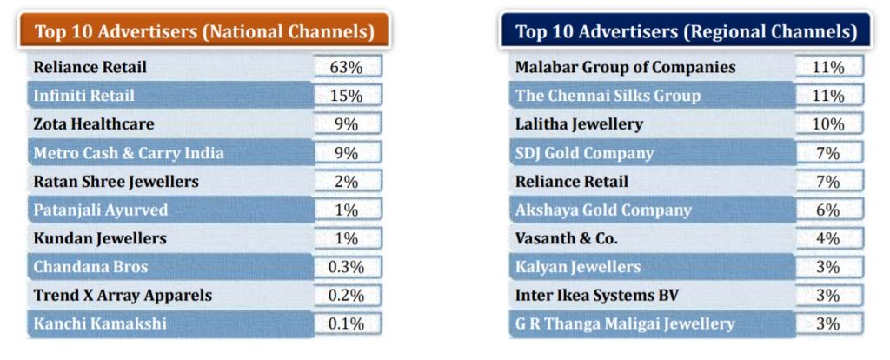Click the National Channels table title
pyautogui.click(x=204, y=32)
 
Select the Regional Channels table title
pyautogui.click(x=686, y=32)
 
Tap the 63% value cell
pyautogui.click(x=347, y=67)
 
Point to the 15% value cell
pyautogui.click(x=347, y=96)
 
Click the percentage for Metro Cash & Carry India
pyautogui.click(x=347, y=153)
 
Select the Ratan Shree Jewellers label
pyautogui.click(x=116, y=182)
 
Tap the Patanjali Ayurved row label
pyautogui.click(x=101, y=210)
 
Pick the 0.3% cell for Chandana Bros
pyautogui.click(x=347, y=267)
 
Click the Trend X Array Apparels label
pyautogui.click(x=123, y=296)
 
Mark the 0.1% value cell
pyautogui.click(x=347, y=324)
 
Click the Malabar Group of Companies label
pyautogui.click(x=625, y=67)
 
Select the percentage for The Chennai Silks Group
pyautogui.click(x=828, y=96)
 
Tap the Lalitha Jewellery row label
pyautogui.click(x=579, y=124)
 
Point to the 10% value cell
pyautogui.click(x=828, y=124)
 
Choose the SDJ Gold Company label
pyautogui.click(x=584, y=153)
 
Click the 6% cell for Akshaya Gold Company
pyautogui.click(x=828, y=210)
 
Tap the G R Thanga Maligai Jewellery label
pyautogui.click(x=625, y=324)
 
